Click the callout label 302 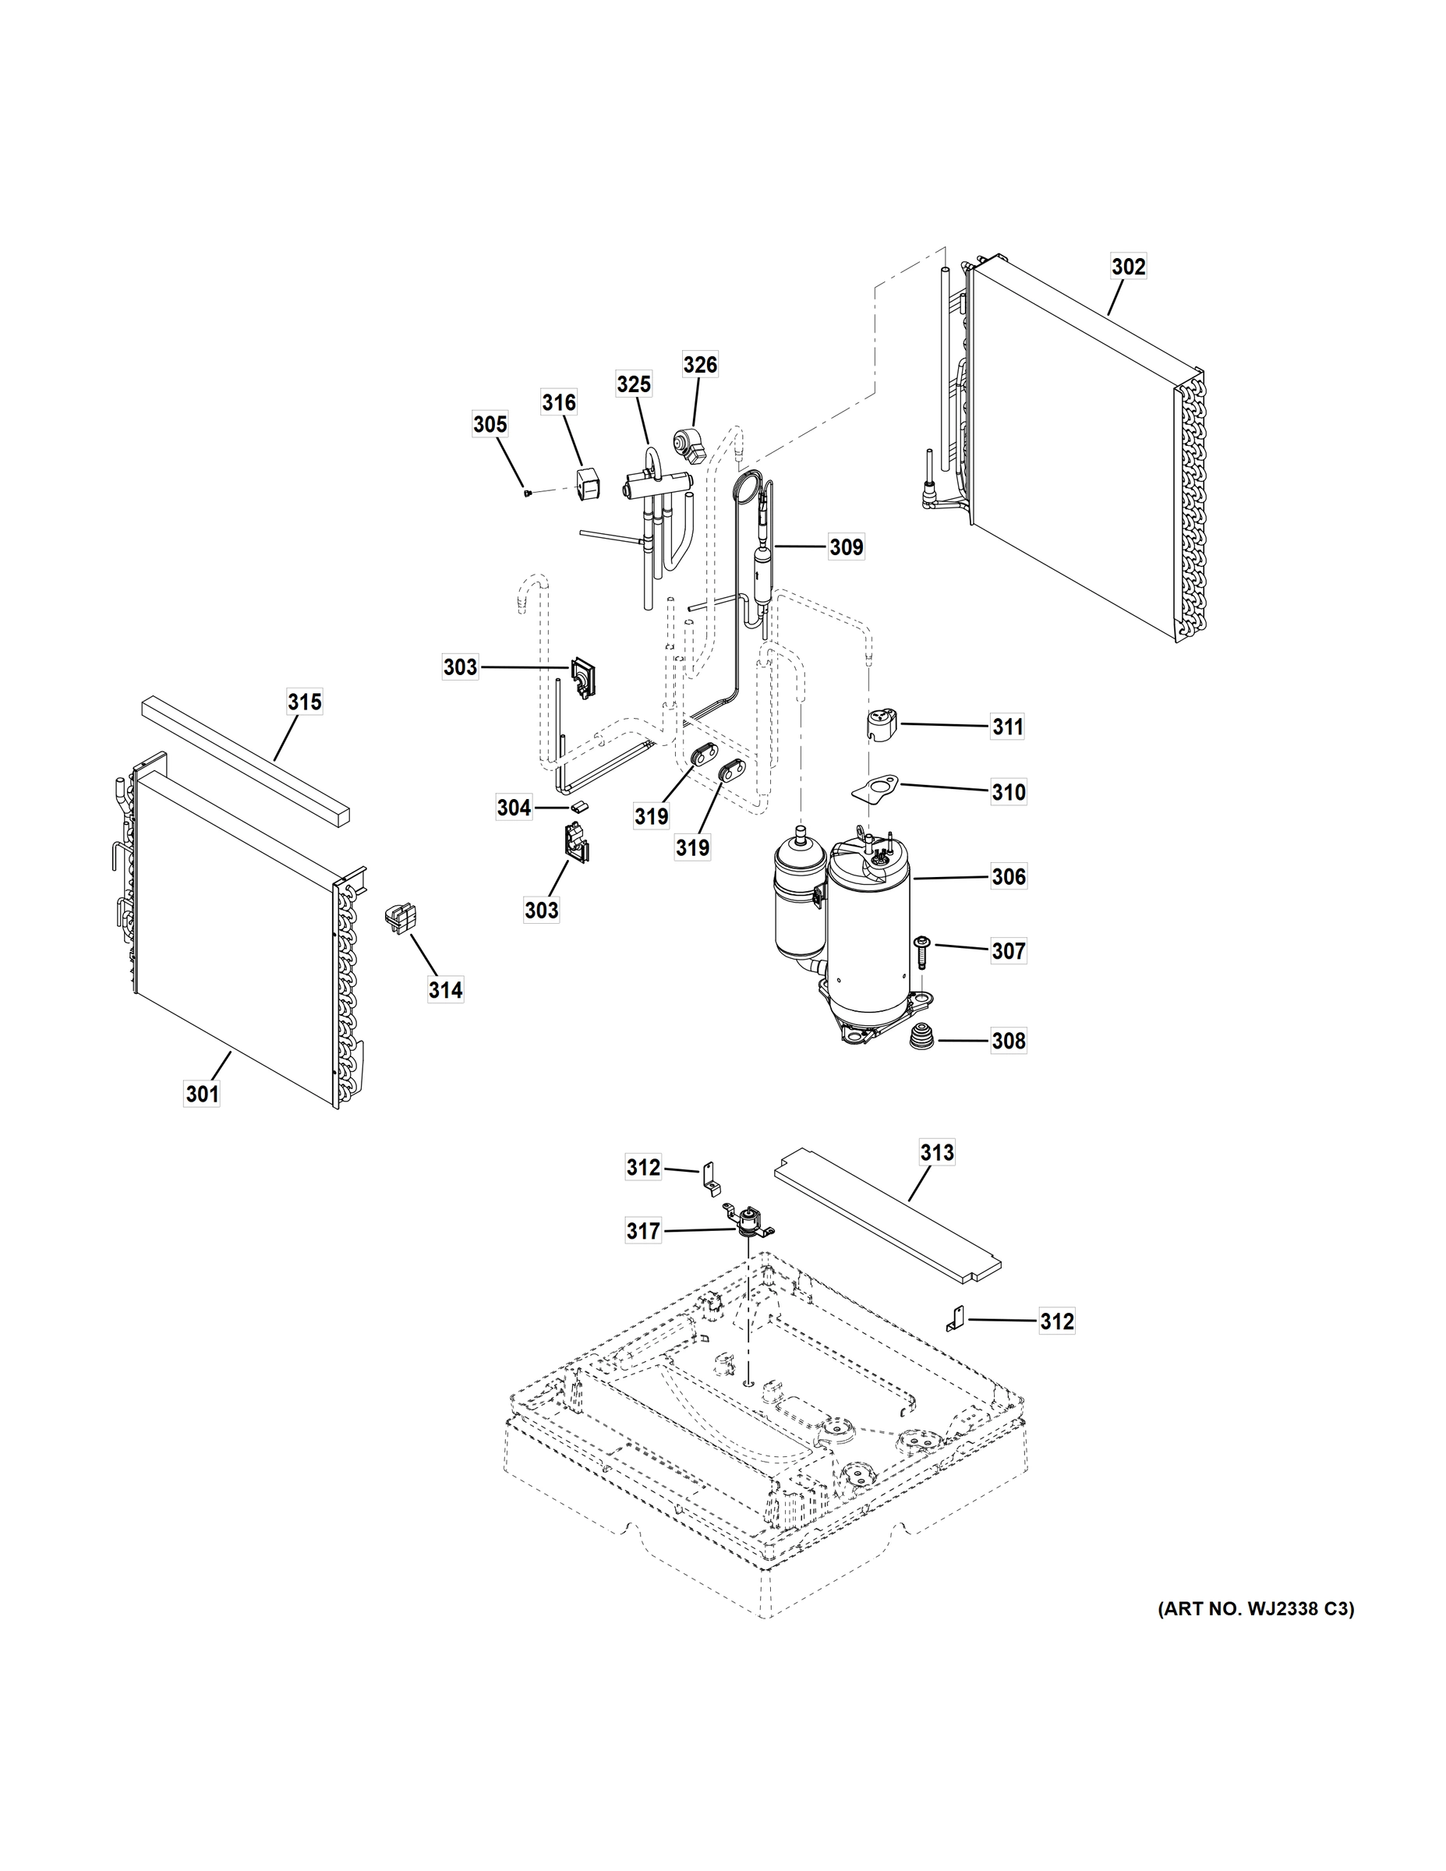pyautogui.click(x=1128, y=267)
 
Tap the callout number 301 pyautogui.click(x=202, y=1094)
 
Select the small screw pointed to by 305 pyautogui.click(x=528, y=493)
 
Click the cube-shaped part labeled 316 pyautogui.click(x=587, y=485)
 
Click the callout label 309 pyautogui.click(x=846, y=546)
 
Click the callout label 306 pyautogui.click(x=1008, y=876)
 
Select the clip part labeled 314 pyautogui.click(x=399, y=918)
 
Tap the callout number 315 pyautogui.click(x=304, y=702)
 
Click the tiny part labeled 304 pyautogui.click(x=580, y=806)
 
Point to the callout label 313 pyautogui.click(x=936, y=1153)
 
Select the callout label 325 pyautogui.click(x=634, y=384)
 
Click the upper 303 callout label pyautogui.click(x=460, y=667)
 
